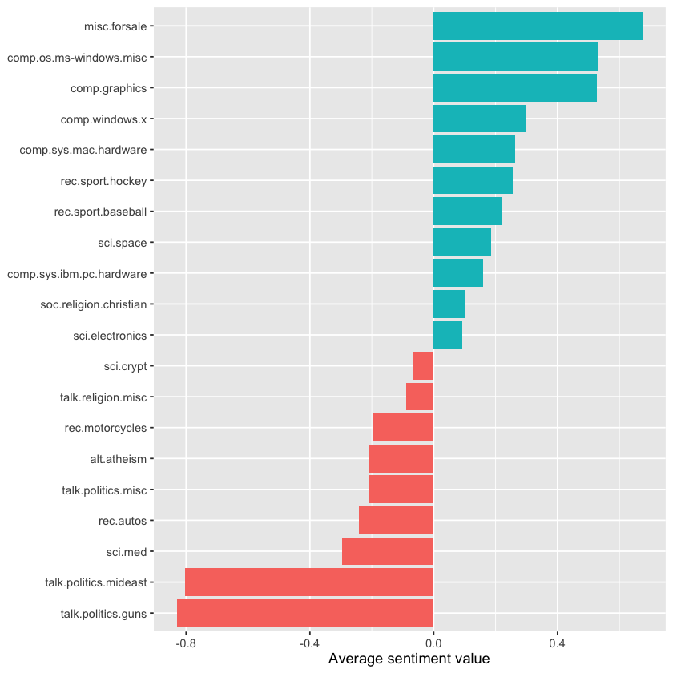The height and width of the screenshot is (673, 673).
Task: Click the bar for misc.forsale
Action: [538, 26]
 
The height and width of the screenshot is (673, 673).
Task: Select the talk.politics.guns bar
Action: [305, 614]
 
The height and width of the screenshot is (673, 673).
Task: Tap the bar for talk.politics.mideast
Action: [309, 582]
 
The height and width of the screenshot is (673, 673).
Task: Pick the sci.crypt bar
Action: [424, 366]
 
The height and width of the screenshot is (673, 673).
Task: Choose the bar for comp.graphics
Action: [515, 88]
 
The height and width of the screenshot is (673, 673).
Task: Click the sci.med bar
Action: [388, 551]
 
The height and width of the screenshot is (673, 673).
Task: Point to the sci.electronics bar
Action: [448, 335]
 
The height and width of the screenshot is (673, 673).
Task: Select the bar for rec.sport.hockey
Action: [473, 181]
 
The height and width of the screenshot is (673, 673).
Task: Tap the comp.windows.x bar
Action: [480, 119]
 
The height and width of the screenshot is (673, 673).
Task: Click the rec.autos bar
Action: [396, 521]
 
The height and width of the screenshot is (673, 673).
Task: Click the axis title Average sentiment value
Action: [409, 659]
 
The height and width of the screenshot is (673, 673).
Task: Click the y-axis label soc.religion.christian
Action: [94, 304]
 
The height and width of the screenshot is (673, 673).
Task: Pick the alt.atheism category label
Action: [119, 459]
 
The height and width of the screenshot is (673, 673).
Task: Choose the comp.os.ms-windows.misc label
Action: [77, 58]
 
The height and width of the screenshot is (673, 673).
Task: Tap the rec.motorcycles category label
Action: [106, 428]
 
